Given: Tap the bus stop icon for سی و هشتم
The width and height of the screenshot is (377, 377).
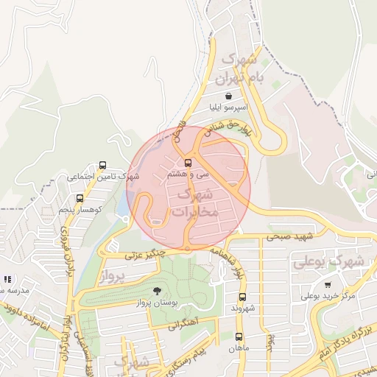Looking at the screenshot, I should tap(188, 163).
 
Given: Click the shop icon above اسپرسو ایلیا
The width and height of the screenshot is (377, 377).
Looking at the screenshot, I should tap(228, 96).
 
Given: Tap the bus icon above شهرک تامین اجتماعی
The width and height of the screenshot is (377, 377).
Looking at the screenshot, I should tap(102, 166).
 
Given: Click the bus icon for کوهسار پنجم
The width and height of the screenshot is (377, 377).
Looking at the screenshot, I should tap(80, 198).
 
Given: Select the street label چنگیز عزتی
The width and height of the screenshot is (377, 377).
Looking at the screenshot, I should tap(143, 255).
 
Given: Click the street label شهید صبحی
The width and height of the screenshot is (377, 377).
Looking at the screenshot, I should tap(294, 236).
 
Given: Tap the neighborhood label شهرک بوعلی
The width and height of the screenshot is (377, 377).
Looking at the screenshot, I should tap(328, 261).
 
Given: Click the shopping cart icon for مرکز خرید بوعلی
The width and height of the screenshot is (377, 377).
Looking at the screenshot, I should tap(327, 284).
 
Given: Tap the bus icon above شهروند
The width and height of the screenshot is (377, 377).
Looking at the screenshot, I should tap(242, 297).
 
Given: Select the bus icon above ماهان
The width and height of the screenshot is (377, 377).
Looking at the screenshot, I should tap(238, 336).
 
